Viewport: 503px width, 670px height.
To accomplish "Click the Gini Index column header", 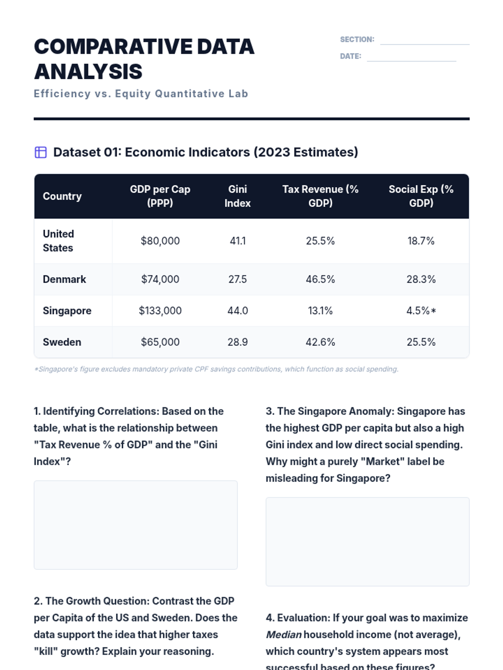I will coord(237,196).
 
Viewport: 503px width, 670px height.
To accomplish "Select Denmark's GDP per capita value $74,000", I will coord(160,279).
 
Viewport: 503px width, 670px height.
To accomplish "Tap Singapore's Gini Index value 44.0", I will coord(238,311).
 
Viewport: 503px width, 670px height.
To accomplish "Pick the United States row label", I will coord(58,241).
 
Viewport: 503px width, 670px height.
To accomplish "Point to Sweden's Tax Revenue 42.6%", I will coord(320,342).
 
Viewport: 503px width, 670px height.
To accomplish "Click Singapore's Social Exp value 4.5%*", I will coord(421,311).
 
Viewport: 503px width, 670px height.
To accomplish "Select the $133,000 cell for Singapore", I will coord(160,311).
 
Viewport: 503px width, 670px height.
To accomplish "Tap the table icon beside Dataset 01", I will coord(41,152).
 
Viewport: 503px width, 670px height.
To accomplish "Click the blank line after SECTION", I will coord(425,41).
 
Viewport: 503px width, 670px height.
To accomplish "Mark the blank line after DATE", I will coord(411,57).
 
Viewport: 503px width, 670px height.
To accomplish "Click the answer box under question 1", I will coord(135,525).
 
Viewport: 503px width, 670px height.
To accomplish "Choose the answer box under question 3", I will coord(367,541).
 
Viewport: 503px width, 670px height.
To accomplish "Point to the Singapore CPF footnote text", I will coord(216,369).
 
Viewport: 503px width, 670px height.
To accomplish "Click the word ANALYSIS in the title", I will coord(88,72).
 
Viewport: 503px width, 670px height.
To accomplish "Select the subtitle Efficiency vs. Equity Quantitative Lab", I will coord(141,94).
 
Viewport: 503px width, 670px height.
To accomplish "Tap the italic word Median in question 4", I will coord(283,635).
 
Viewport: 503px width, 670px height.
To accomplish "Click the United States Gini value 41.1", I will coord(238,241).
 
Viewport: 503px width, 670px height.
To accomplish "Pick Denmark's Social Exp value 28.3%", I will coord(421,279).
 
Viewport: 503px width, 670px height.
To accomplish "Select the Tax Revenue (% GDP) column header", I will coord(320,196).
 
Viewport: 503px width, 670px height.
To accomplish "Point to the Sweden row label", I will coord(62,342).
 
